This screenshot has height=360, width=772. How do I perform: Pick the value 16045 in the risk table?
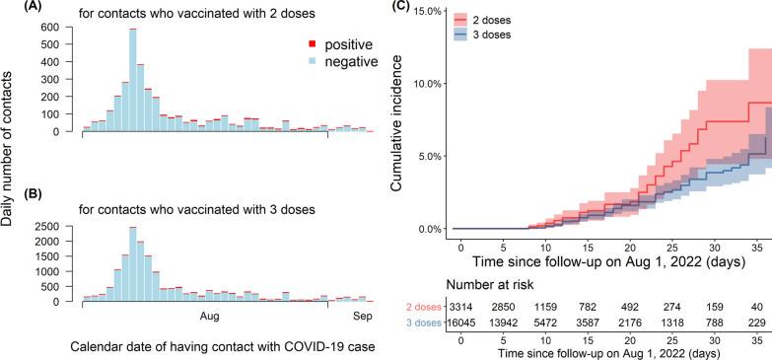coord(460,323)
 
